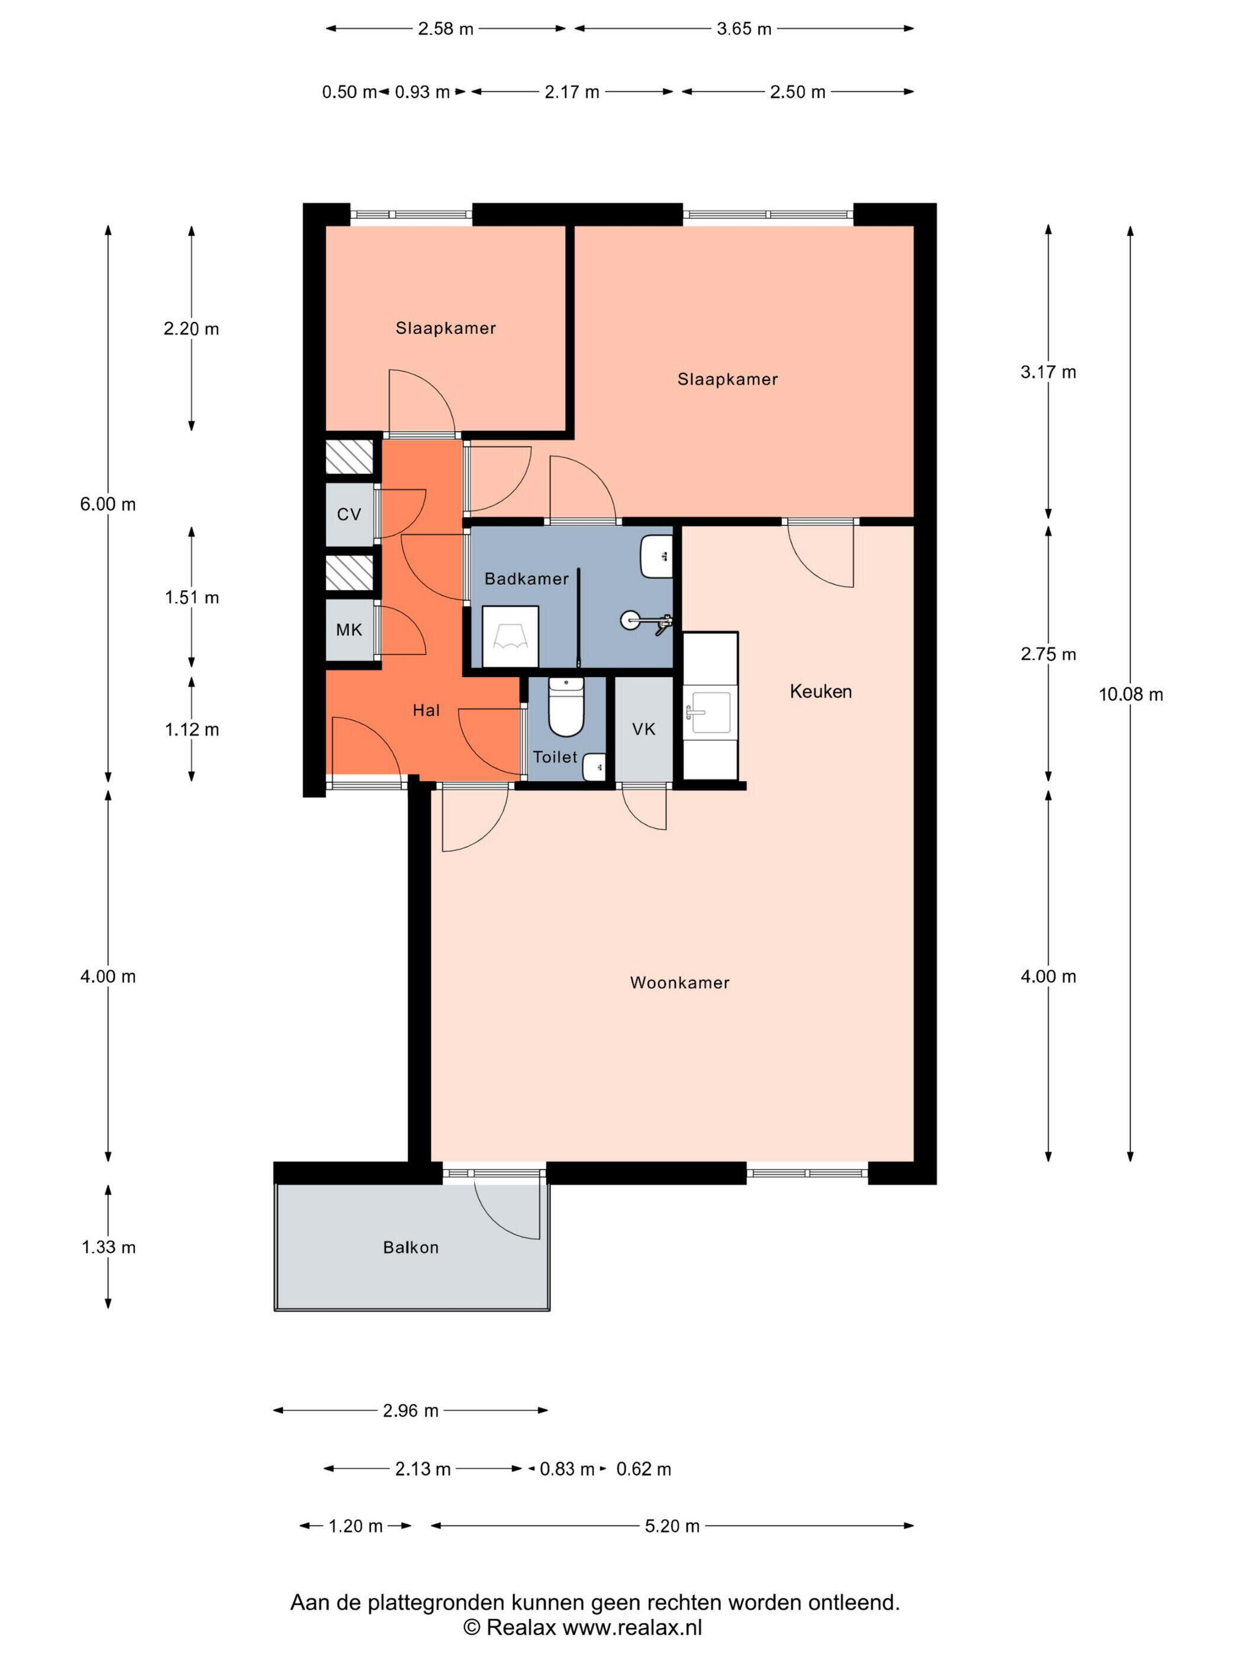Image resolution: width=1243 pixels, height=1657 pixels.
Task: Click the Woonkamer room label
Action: click(x=679, y=982)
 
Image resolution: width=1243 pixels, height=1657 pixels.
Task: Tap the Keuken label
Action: click(x=820, y=691)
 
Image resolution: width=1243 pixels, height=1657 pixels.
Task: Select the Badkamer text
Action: click(x=526, y=578)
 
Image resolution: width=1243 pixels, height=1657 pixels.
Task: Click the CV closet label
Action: click(x=349, y=514)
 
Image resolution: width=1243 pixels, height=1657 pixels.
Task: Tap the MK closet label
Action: click(x=349, y=629)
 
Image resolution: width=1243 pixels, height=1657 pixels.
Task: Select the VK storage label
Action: click(x=643, y=729)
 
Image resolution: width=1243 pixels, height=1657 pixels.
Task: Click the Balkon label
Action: click(x=411, y=1246)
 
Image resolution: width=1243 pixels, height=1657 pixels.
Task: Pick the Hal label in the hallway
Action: click(x=426, y=710)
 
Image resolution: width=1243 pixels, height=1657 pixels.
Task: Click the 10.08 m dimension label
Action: click(x=1131, y=694)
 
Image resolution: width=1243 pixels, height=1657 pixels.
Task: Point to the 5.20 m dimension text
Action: click(x=672, y=1526)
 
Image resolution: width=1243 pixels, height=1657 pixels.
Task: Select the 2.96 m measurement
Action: click(x=411, y=1411)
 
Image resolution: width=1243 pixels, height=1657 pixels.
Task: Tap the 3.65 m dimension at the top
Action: click(x=744, y=29)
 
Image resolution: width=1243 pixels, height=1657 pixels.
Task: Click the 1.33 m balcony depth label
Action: click(x=109, y=1246)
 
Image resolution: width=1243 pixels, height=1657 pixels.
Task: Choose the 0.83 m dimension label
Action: click(x=567, y=1469)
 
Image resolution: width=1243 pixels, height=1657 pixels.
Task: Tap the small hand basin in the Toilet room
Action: click(x=594, y=766)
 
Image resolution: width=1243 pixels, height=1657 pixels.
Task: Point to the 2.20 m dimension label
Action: click(x=192, y=328)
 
